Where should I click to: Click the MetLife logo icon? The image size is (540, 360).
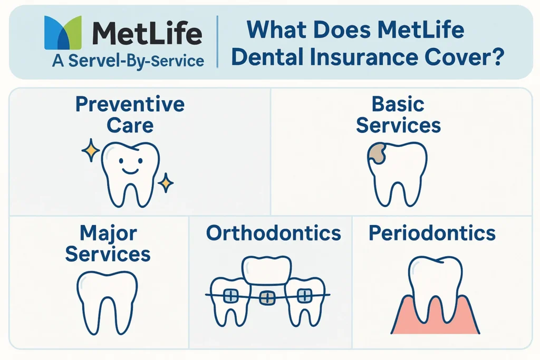tap(63, 32)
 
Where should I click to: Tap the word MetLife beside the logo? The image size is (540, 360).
tap(147, 33)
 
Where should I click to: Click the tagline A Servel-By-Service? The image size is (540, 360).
tap(128, 61)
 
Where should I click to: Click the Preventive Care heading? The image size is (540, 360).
tap(130, 114)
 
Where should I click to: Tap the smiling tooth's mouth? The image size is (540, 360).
tap(130, 170)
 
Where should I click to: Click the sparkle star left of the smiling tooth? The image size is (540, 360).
tap(91, 150)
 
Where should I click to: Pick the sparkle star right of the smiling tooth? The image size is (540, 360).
tap(166, 183)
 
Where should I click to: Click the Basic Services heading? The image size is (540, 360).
tap(399, 114)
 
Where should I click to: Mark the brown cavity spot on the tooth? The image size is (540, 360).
tap(377, 153)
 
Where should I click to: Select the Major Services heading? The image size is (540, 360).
tap(108, 244)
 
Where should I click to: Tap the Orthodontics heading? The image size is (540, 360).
tap(274, 233)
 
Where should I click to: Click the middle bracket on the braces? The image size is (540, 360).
tap(267, 298)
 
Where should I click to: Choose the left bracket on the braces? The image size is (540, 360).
tap(231, 296)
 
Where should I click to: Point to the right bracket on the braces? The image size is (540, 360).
tap(304, 296)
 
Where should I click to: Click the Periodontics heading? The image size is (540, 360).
tap(432, 233)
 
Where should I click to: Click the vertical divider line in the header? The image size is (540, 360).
tap(218, 42)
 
